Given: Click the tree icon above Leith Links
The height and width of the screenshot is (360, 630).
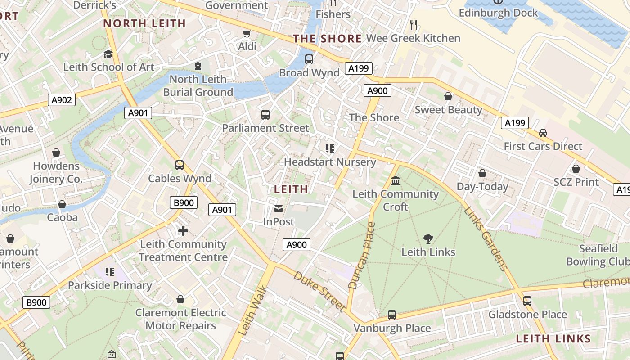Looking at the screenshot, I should coord(428,239).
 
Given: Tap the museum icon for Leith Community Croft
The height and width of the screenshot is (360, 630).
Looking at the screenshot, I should coord(396,181).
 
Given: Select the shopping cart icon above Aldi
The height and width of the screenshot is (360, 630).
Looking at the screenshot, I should coord(247,34).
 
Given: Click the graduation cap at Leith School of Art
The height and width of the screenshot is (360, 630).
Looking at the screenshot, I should coord(108,54).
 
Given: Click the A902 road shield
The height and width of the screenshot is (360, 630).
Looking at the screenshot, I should coord(62,100).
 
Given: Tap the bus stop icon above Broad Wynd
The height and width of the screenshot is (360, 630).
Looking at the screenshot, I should coord(309,59).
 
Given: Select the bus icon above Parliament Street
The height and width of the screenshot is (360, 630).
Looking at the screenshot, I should coord(265,115).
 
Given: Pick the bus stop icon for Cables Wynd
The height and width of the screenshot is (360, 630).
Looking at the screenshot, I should coord(180,165).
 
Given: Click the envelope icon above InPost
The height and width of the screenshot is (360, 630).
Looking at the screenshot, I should coord(279,208).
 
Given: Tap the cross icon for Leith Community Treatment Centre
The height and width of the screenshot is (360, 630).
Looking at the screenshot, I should coord(183,231).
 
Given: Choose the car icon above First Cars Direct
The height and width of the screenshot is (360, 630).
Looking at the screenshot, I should coord(543,133).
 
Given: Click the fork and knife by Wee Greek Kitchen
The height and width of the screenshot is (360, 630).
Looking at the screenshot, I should coord(414,25).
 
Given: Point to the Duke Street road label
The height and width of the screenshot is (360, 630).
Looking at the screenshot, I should coord(320,291).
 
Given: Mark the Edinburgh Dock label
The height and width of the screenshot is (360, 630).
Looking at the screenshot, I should coord(498,13).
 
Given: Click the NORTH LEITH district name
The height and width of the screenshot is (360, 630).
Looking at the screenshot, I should coord(144,23).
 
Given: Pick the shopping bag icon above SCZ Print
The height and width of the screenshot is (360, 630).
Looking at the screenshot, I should coord(576,169).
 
